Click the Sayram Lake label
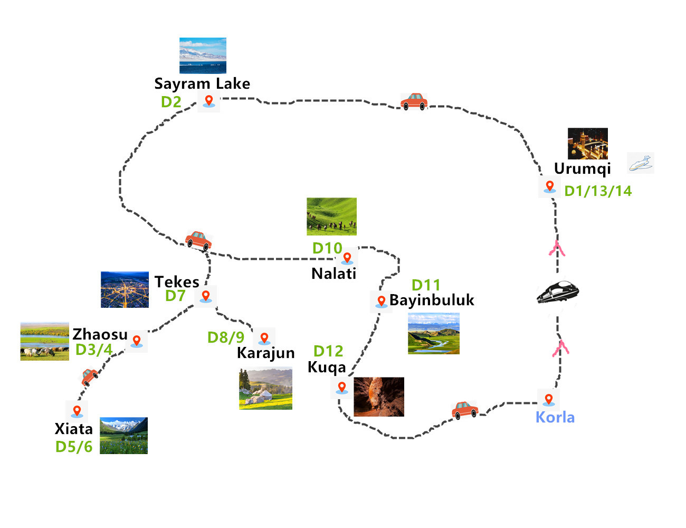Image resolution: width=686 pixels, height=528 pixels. click(x=202, y=83)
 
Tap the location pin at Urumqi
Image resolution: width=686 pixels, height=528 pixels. click(x=549, y=186)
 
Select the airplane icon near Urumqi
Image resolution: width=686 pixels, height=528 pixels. click(x=641, y=163)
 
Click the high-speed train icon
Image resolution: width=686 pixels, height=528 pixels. click(x=557, y=293)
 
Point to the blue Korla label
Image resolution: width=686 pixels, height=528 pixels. click(x=555, y=417)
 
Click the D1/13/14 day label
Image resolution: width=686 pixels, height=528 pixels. click(x=598, y=191)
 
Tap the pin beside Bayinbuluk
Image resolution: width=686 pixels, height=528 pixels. click(x=381, y=301)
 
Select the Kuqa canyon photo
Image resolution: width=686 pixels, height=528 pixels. click(x=378, y=397)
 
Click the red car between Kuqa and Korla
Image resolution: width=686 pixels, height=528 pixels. click(x=464, y=410)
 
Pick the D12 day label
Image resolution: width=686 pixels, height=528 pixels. click(x=328, y=351)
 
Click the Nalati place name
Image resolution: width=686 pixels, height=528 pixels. click(x=334, y=274)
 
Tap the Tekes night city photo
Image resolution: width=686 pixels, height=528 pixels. click(x=125, y=289)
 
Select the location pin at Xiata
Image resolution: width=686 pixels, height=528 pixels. click(x=77, y=410)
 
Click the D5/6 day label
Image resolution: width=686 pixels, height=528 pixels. click(x=74, y=447)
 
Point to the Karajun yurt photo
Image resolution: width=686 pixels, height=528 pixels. click(x=265, y=389)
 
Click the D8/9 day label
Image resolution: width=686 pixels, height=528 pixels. click(x=226, y=337)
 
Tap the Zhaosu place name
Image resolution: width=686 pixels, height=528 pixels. click(x=100, y=334)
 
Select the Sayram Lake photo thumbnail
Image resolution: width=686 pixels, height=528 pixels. click(x=203, y=55)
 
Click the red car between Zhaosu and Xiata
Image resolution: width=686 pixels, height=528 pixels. click(x=89, y=377)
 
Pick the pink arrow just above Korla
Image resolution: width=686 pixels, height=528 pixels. click(x=560, y=348)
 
